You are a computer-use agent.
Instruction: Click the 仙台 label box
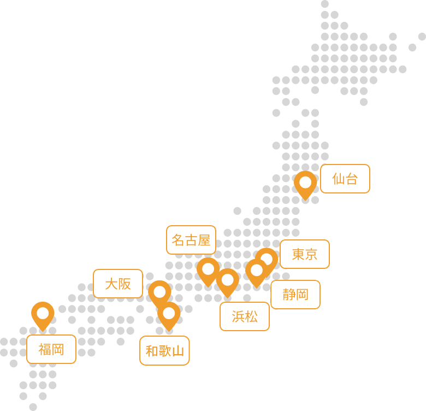pyautogui.click(x=345, y=179)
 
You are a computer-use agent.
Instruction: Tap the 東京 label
pyautogui.click(x=305, y=254)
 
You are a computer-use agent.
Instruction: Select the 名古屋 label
pyautogui.click(x=191, y=240)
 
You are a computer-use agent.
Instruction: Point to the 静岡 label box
pyautogui.click(x=295, y=295)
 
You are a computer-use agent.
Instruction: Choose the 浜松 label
pyautogui.click(x=245, y=316)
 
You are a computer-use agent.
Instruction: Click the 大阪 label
pyautogui.click(x=118, y=284)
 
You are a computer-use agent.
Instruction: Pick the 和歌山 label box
pyautogui.click(x=164, y=351)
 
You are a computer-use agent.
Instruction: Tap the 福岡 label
pyautogui.click(x=51, y=349)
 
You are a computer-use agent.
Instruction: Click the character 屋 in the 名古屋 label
pyautogui.click(x=204, y=240)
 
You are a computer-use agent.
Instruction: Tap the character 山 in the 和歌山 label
pyautogui.click(x=178, y=351)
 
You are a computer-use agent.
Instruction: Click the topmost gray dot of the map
pyautogui.click(x=325, y=4)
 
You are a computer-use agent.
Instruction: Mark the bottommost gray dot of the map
pyautogui.click(x=33, y=407)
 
